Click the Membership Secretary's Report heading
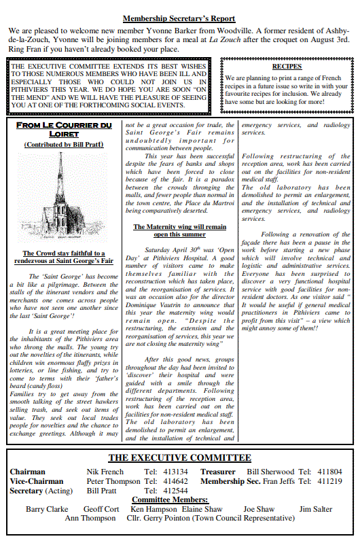pyautogui.click(x=179, y=19)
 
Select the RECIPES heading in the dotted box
pyautogui.click(x=286, y=67)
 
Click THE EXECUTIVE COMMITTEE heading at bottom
pyautogui.click(x=179, y=458)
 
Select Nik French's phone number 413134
pyautogui.click(x=176, y=472)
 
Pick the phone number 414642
pyautogui.click(x=176, y=481)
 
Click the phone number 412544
pyautogui.click(x=176, y=491)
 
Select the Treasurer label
pyautogui.click(x=218, y=472)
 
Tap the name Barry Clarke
pyautogui.click(x=47, y=509)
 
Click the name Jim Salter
pyautogui.click(x=316, y=509)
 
